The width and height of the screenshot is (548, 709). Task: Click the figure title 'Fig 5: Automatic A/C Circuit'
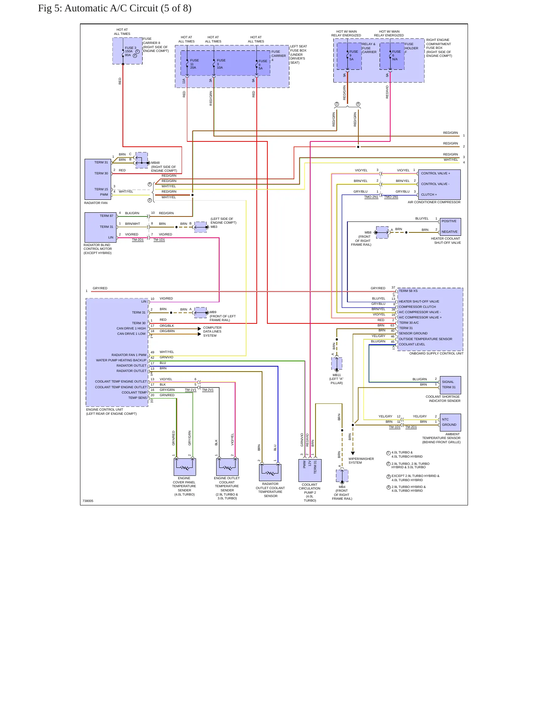pyautogui.click(x=98, y=8)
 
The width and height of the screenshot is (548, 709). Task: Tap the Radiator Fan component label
pyautogui.click(x=96, y=203)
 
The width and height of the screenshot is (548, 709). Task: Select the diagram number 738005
pyautogui.click(x=88, y=501)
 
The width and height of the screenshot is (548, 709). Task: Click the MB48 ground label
pyautogui.click(x=155, y=163)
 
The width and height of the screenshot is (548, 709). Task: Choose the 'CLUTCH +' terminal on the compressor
pyautogui.click(x=429, y=195)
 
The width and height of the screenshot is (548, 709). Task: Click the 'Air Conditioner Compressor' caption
pyautogui.click(x=434, y=202)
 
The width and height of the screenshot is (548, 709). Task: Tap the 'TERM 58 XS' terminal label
pyautogui.click(x=408, y=291)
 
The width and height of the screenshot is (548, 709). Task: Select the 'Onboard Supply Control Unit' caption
pyautogui.click(x=436, y=353)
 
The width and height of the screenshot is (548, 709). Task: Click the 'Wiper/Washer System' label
pyautogui.click(x=361, y=461)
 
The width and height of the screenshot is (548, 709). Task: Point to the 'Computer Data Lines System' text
pyautogui.click(x=212, y=331)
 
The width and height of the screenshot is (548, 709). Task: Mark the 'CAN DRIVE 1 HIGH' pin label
pyautogui.click(x=131, y=328)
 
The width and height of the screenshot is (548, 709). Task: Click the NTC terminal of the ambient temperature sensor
pyautogui.click(x=445, y=419)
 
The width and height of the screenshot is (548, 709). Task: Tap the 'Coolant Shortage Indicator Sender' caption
pyautogui.click(x=443, y=398)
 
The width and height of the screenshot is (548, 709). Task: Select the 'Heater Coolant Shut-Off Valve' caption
pyautogui.click(x=446, y=241)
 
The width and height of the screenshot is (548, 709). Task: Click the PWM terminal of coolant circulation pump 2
pyautogui.click(x=304, y=464)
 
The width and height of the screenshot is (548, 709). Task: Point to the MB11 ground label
pyautogui.click(x=336, y=375)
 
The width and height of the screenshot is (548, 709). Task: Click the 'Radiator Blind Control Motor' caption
pyautogui.click(x=98, y=249)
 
